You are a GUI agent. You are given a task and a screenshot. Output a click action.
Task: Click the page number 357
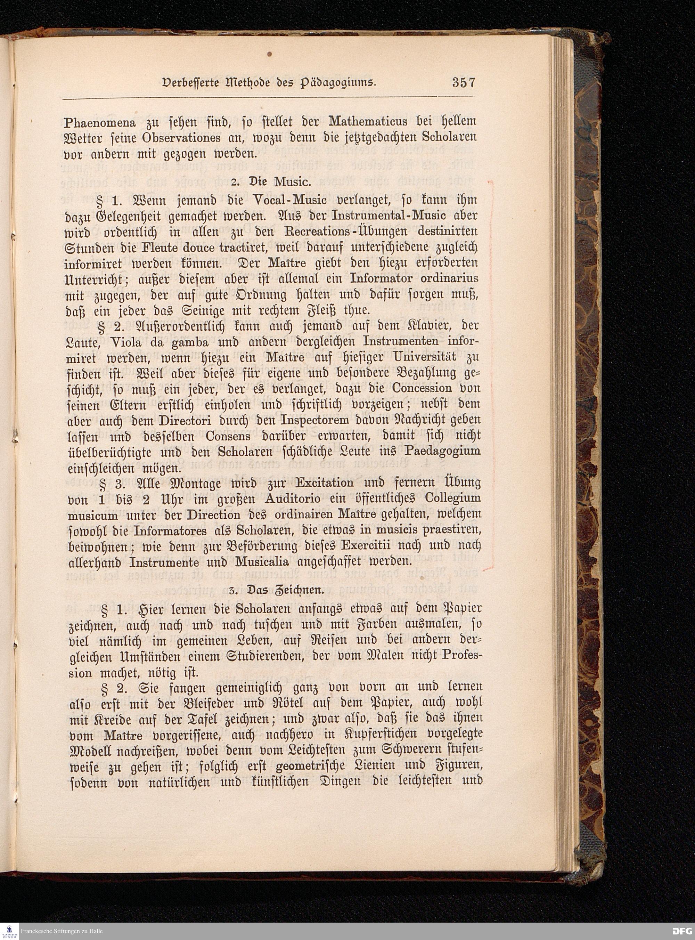(464, 82)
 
